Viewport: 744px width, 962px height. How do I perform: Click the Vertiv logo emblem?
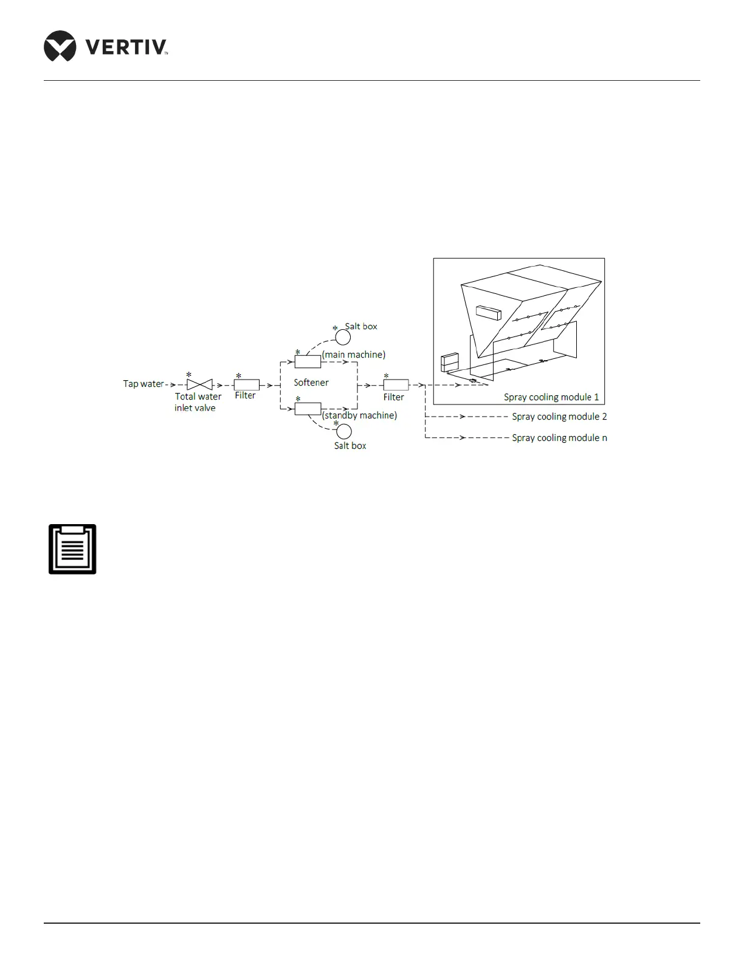60,46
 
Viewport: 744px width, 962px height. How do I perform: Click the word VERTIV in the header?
125,47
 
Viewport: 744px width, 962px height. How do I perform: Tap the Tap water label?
143,384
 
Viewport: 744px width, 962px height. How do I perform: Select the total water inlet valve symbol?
199,384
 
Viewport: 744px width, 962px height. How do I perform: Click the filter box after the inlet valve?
247,384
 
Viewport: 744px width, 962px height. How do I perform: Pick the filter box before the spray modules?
396,384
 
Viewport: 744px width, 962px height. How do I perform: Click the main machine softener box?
308,362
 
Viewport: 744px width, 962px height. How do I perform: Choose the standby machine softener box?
308,409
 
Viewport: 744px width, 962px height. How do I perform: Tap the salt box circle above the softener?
343,337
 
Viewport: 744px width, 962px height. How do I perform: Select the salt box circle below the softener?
343,431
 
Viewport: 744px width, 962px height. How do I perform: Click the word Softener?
311,383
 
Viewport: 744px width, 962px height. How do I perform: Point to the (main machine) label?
354,354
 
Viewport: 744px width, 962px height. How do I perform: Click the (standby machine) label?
359,415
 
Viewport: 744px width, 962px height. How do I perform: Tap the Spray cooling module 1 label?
551,397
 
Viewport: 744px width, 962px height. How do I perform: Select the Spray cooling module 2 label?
559,417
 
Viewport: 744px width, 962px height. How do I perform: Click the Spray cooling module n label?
559,438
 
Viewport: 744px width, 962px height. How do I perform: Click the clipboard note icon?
72,549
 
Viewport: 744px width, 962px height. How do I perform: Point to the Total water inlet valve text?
198,402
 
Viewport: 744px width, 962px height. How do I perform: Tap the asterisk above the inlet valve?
189,375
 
